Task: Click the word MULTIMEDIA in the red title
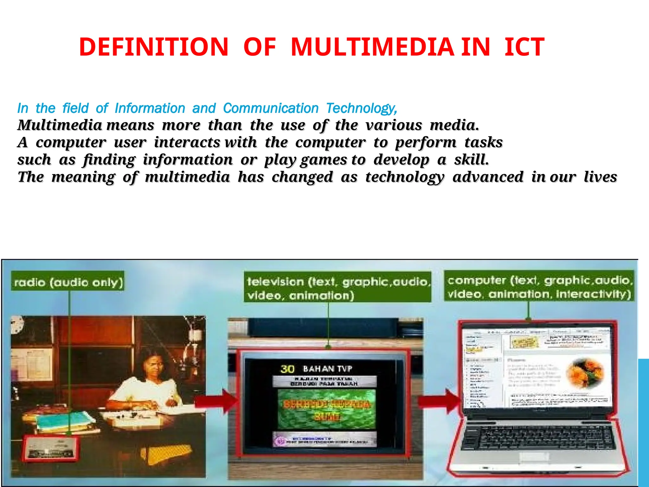click(x=372, y=47)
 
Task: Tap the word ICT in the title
click(x=524, y=47)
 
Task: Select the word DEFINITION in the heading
click(x=154, y=47)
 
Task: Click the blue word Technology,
click(x=362, y=108)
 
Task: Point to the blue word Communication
click(x=271, y=108)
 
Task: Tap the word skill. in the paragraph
click(x=471, y=160)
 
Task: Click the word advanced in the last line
click(x=488, y=177)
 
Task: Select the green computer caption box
click(x=539, y=286)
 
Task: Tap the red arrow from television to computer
click(x=439, y=401)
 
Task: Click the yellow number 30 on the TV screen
click(x=287, y=369)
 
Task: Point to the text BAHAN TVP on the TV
click(x=327, y=369)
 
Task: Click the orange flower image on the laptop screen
click(x=585, y=373)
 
